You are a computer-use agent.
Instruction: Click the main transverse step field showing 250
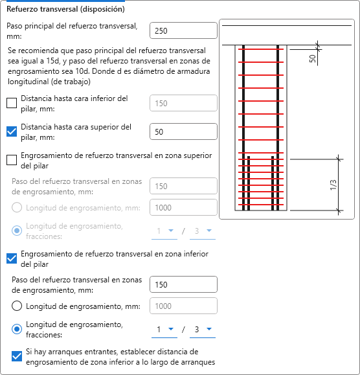(x=183, y=30)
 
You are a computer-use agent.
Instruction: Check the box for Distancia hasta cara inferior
(x=12, y=103)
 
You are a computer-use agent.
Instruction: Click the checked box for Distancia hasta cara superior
(x=12, y=131)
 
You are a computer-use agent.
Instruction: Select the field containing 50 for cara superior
(x=183, y=131)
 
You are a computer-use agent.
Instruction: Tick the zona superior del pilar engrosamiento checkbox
(x=12, y=160)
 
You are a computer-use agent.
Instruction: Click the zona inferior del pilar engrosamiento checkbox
(x=12, y=258)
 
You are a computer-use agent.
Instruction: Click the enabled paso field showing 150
(x=183, y=284)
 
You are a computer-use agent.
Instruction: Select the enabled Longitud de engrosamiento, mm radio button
(x=17, y=306)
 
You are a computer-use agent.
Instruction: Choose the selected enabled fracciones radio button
(x=17, y=329)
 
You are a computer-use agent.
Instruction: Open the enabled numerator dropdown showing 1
(x=164, y=330)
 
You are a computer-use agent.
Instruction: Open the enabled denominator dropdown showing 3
(x=203, y=330)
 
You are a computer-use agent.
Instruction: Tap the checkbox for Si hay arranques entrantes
(x=17, y=356)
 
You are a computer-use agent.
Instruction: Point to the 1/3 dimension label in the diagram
(x=333, y=185)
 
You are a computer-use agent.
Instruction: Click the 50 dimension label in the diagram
(x=313, y=58)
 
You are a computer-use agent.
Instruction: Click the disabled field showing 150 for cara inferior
(x=183, y=103)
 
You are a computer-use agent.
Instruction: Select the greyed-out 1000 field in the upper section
(x=183, y=207)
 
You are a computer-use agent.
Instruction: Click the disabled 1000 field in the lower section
(x=183, y=306)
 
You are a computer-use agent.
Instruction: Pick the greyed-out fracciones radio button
(x=17, y=231)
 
